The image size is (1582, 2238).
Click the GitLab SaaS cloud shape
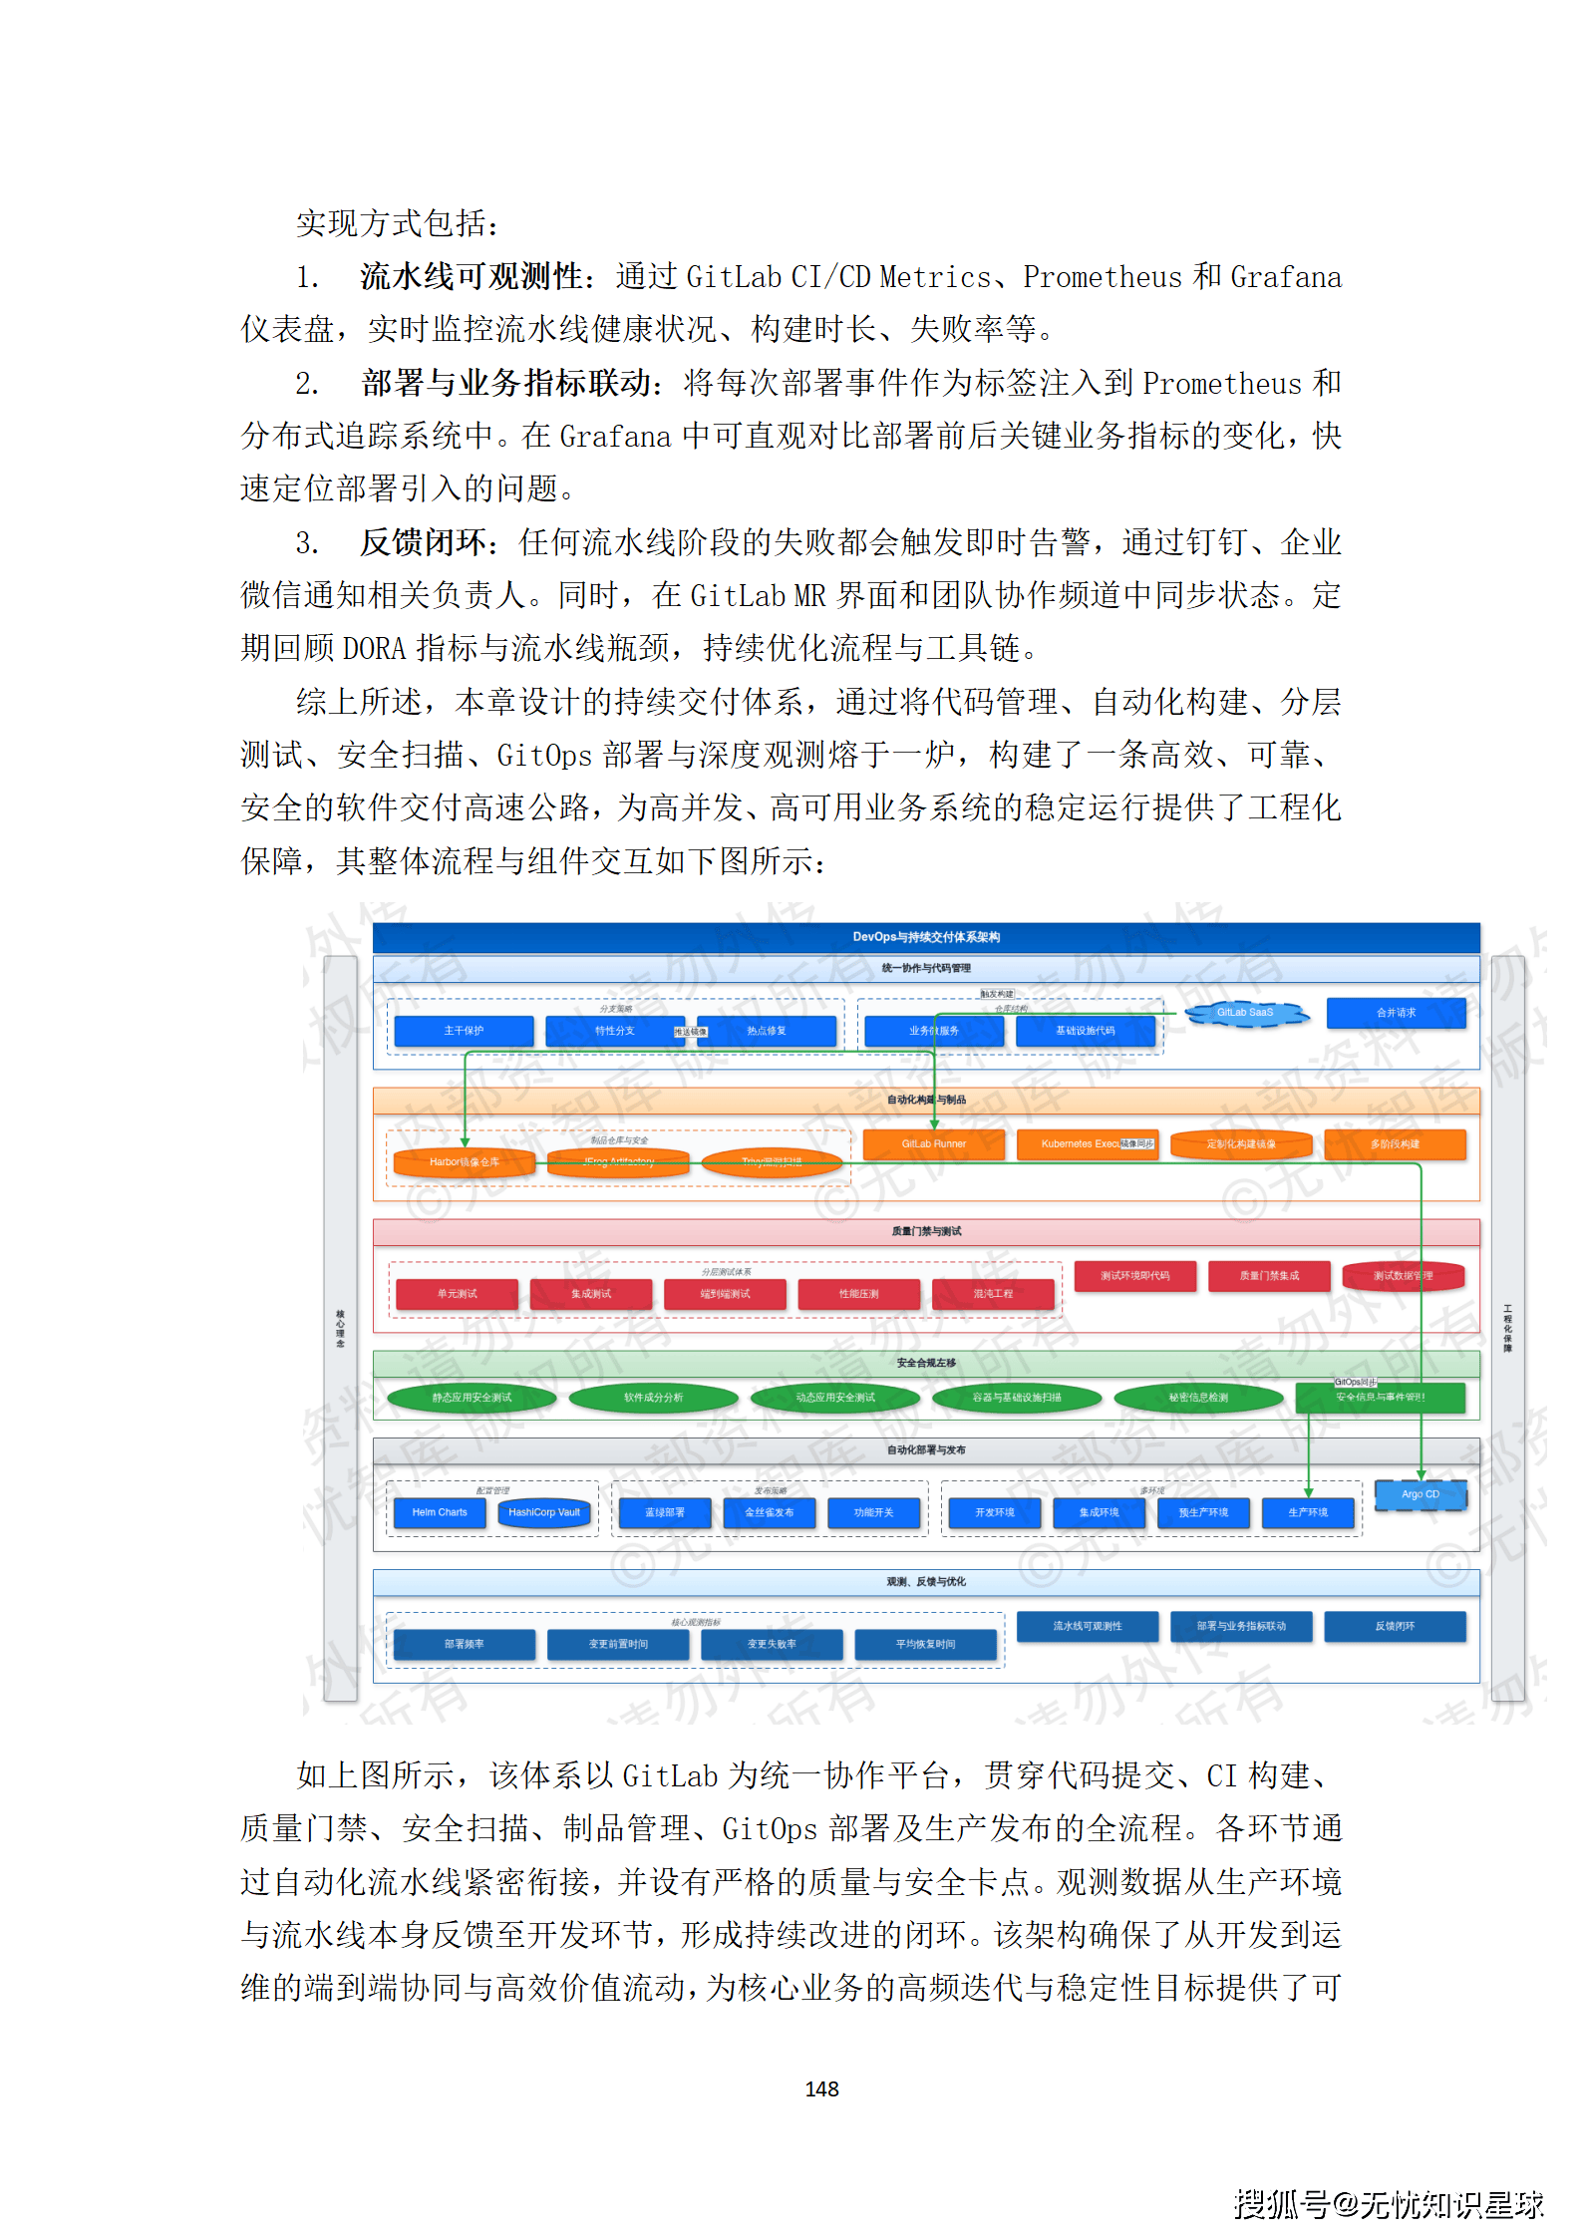[1245, 1013]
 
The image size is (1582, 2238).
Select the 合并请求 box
[1396, 1013]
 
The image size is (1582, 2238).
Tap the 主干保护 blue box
[464, 1031]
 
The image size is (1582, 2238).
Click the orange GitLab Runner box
[933, 1144]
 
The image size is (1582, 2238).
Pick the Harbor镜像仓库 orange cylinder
[465, 1162]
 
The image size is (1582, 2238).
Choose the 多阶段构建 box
[1395, 1144]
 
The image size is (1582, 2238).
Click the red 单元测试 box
[457, 1294]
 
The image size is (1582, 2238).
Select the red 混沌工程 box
[993, 1294]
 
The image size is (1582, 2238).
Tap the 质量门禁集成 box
[1269, 1276]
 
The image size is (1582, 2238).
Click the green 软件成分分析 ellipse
[653, 1398]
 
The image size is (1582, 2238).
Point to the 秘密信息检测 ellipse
[1198, 1398]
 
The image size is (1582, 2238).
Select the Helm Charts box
[440, 1512]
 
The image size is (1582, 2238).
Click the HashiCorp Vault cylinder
[544, 1512]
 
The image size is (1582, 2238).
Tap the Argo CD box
[1421, 1494]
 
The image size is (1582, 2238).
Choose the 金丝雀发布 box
[770, 1512]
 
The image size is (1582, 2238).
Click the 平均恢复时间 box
[925, 1644]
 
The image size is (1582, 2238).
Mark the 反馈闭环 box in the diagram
[1395, 1626]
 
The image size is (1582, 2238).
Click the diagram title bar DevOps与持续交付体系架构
[926, 937]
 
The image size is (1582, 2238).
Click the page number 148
[821, 2089]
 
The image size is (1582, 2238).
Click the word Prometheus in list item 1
[1102, 277]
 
